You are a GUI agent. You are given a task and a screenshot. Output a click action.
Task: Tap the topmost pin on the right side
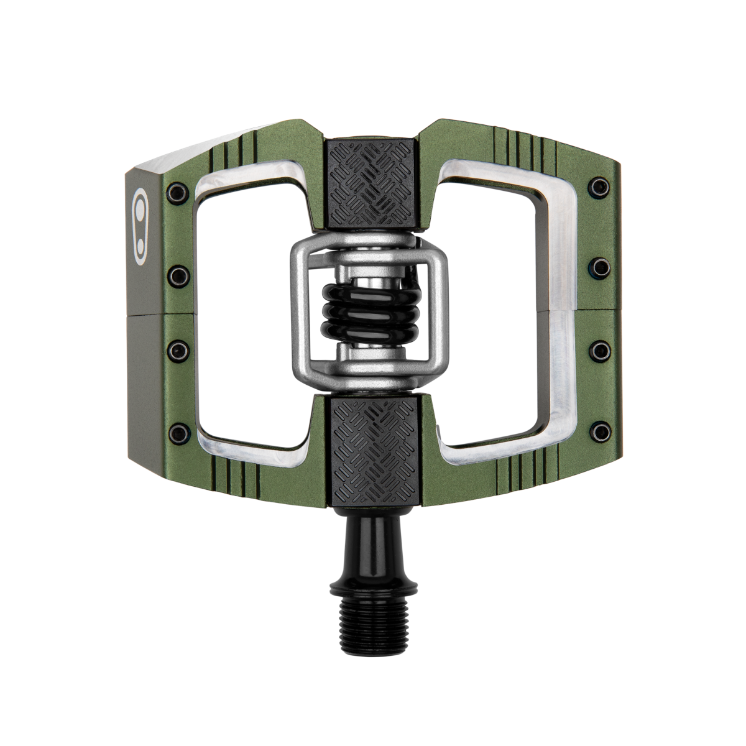click(x=599, y=184)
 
